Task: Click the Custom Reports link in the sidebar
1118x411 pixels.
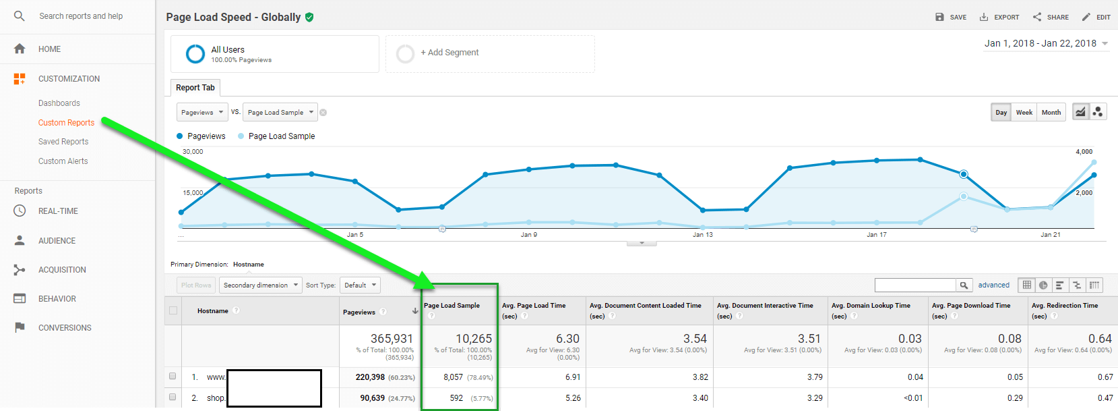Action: click(67, 123)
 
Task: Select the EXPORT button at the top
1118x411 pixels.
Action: click(999, 17)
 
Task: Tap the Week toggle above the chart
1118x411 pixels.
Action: click(1024, 113)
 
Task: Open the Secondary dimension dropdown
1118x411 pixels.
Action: click(261, 285)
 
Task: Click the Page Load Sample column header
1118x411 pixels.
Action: click(452, 306)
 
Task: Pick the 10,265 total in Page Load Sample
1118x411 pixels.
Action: click(474, 339)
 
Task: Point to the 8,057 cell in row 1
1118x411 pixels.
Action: click(453, 377)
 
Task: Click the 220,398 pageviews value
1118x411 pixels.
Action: click(370, 377)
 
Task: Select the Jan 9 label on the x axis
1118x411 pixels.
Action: click(529, 234)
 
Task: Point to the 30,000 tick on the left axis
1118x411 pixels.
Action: click(193, 151)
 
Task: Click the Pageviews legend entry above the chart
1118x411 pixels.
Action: click(201, 136)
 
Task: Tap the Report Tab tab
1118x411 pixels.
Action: click(195, 88)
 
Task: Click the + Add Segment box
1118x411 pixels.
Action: click(490, 53)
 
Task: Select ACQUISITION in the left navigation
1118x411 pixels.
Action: click(62, 270)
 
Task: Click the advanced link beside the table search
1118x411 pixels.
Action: click(994, 285)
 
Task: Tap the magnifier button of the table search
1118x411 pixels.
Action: click(964, 285)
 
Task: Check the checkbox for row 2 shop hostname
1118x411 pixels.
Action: click(173, 397)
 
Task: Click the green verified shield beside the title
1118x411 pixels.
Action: click(309, 18)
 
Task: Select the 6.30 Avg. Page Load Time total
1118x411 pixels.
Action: click(568, 339)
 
